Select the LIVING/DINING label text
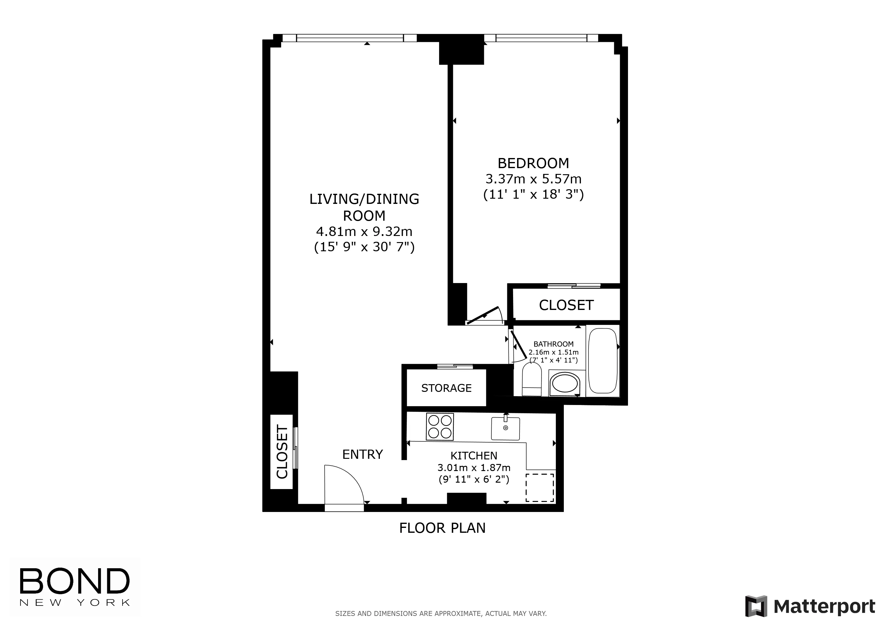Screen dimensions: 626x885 (364, 199)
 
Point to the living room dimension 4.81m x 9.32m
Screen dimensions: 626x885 (364, 232)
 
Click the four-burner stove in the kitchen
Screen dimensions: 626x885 (439, 426)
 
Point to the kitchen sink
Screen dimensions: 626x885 (505, 428)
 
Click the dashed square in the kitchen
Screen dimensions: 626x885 (540, 488)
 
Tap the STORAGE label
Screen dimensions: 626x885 (446, 388)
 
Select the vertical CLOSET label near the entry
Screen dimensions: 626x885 (282, 452)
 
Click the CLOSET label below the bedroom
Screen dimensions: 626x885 (566, 305)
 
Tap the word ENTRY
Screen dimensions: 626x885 (362, 455)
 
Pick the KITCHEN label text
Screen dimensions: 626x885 (474, 456)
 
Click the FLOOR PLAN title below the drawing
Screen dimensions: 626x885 (442, 528)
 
